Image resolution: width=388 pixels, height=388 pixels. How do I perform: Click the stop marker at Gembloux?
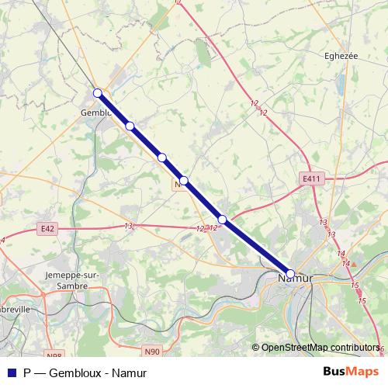click(x=98, y=93)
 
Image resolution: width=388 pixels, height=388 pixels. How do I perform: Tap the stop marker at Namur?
click(x=290, y=273)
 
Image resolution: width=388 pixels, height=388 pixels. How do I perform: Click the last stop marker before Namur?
click(x=223, y=220)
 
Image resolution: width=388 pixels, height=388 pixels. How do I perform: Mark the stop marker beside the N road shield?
click(x=184, y=181)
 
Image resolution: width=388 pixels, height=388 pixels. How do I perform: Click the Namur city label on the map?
click(x=296, y=276)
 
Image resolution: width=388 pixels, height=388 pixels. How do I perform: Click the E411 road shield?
click(x=311, y=178)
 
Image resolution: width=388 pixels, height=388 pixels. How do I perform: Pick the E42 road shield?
click(x=47, y=228)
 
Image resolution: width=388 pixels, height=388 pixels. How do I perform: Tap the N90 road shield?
click(x=152, y=352)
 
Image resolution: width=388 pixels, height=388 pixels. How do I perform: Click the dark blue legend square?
click(x=9, y=372)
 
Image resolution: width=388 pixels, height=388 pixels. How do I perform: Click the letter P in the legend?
click(x=27, y=372)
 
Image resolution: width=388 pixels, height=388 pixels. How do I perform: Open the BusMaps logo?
click(x=351, y=371)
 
